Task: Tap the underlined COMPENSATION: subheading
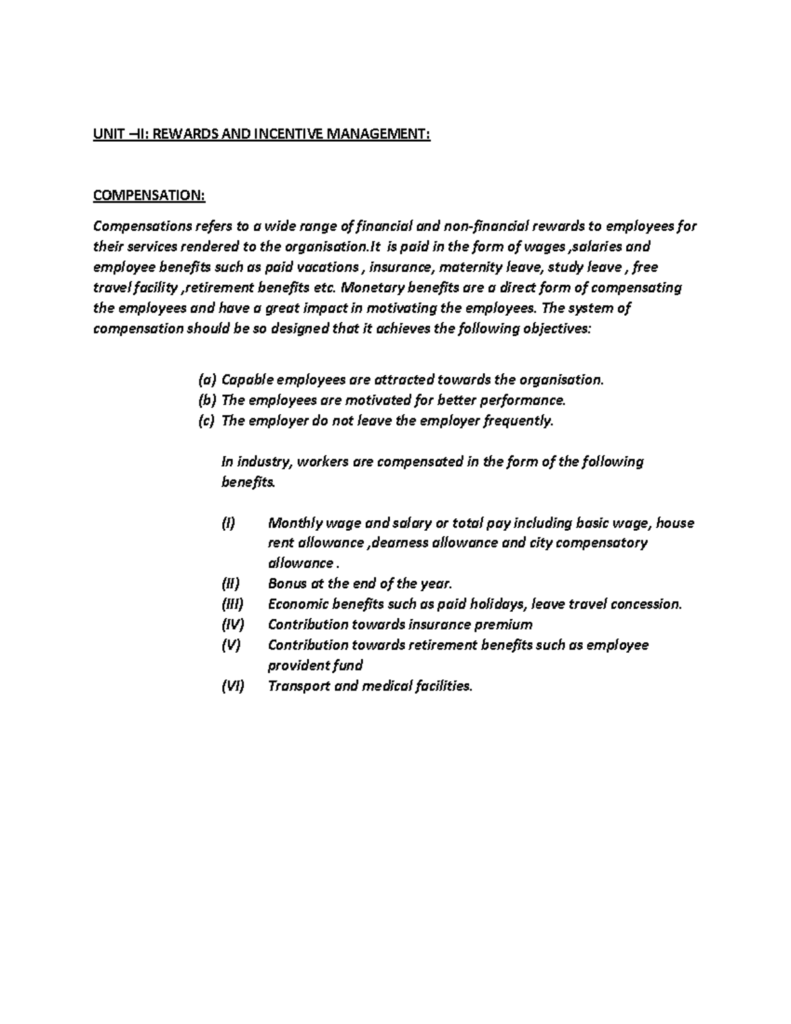pos(149,196)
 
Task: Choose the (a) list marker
pos(206,380)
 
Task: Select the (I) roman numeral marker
pos(227,524)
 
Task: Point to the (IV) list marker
pos(233,624)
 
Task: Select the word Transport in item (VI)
pos(299,686)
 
